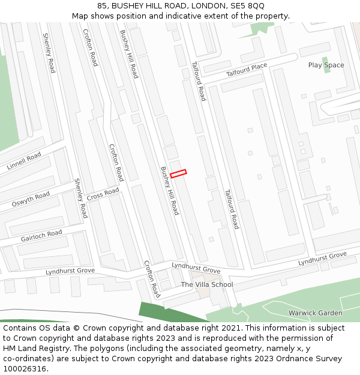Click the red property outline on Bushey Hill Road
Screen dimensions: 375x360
[178, 173]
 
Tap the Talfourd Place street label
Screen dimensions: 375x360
[246, 70]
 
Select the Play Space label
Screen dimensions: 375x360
[326, 65]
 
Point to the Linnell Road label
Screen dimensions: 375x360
[24, 161]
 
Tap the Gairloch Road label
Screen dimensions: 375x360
[41, 236]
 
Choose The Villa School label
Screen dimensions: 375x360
[206, 284]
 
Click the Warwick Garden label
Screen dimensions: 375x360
[315, 313]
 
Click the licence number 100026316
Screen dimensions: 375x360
[25, 369]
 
